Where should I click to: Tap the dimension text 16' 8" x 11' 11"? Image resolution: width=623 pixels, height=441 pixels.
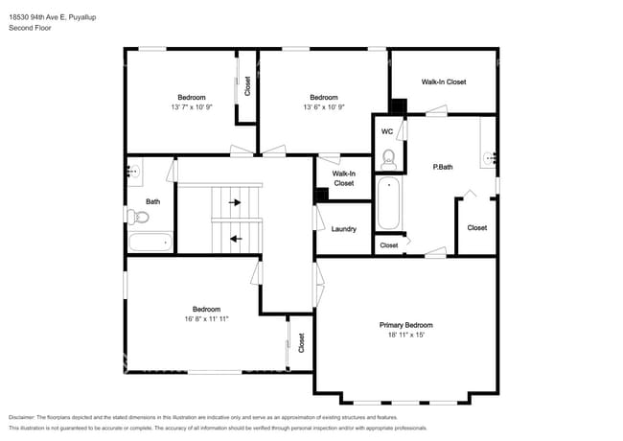(207, 319)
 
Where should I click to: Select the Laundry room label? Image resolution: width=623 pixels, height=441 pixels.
(343, 229)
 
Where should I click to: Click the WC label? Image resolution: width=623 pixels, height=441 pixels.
(387, 131)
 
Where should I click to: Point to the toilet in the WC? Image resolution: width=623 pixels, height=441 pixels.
(388, 157)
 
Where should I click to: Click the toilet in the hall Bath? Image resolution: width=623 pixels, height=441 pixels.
(132, 216)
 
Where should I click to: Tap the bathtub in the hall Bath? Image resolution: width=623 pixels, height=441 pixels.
(150, 242)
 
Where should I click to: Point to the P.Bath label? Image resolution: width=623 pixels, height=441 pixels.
(443, 168)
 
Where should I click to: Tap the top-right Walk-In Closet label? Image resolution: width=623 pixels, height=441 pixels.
(444, 81)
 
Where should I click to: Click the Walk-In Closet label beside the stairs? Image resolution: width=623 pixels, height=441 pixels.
(343, 177)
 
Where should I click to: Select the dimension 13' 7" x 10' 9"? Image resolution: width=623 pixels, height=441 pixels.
(191, 107)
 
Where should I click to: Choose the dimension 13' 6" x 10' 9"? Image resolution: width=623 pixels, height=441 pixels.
(323, 107)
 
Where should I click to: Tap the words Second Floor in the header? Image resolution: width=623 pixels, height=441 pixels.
(30, 28)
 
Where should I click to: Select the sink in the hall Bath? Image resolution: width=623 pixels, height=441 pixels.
(132, 173)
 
